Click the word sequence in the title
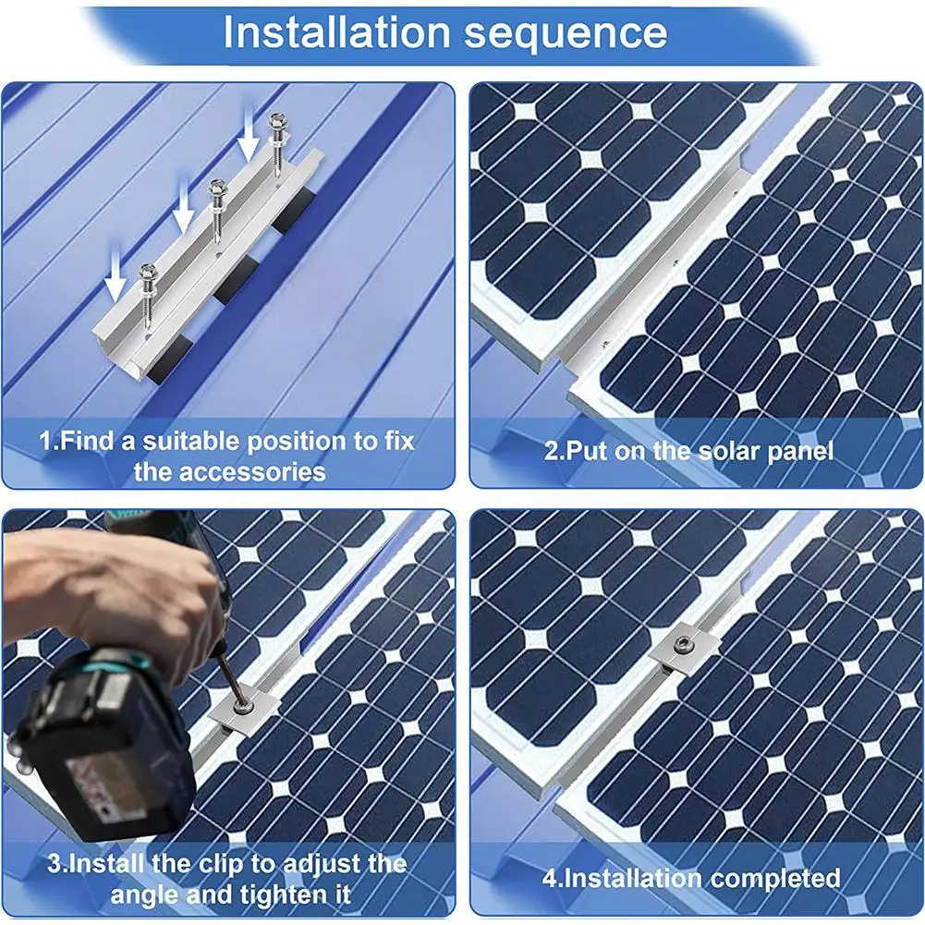[566, 35]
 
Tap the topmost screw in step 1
[276, 144]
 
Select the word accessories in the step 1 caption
[229, 472]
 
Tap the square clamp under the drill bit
[242, 710]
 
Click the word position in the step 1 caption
[302, 442]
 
